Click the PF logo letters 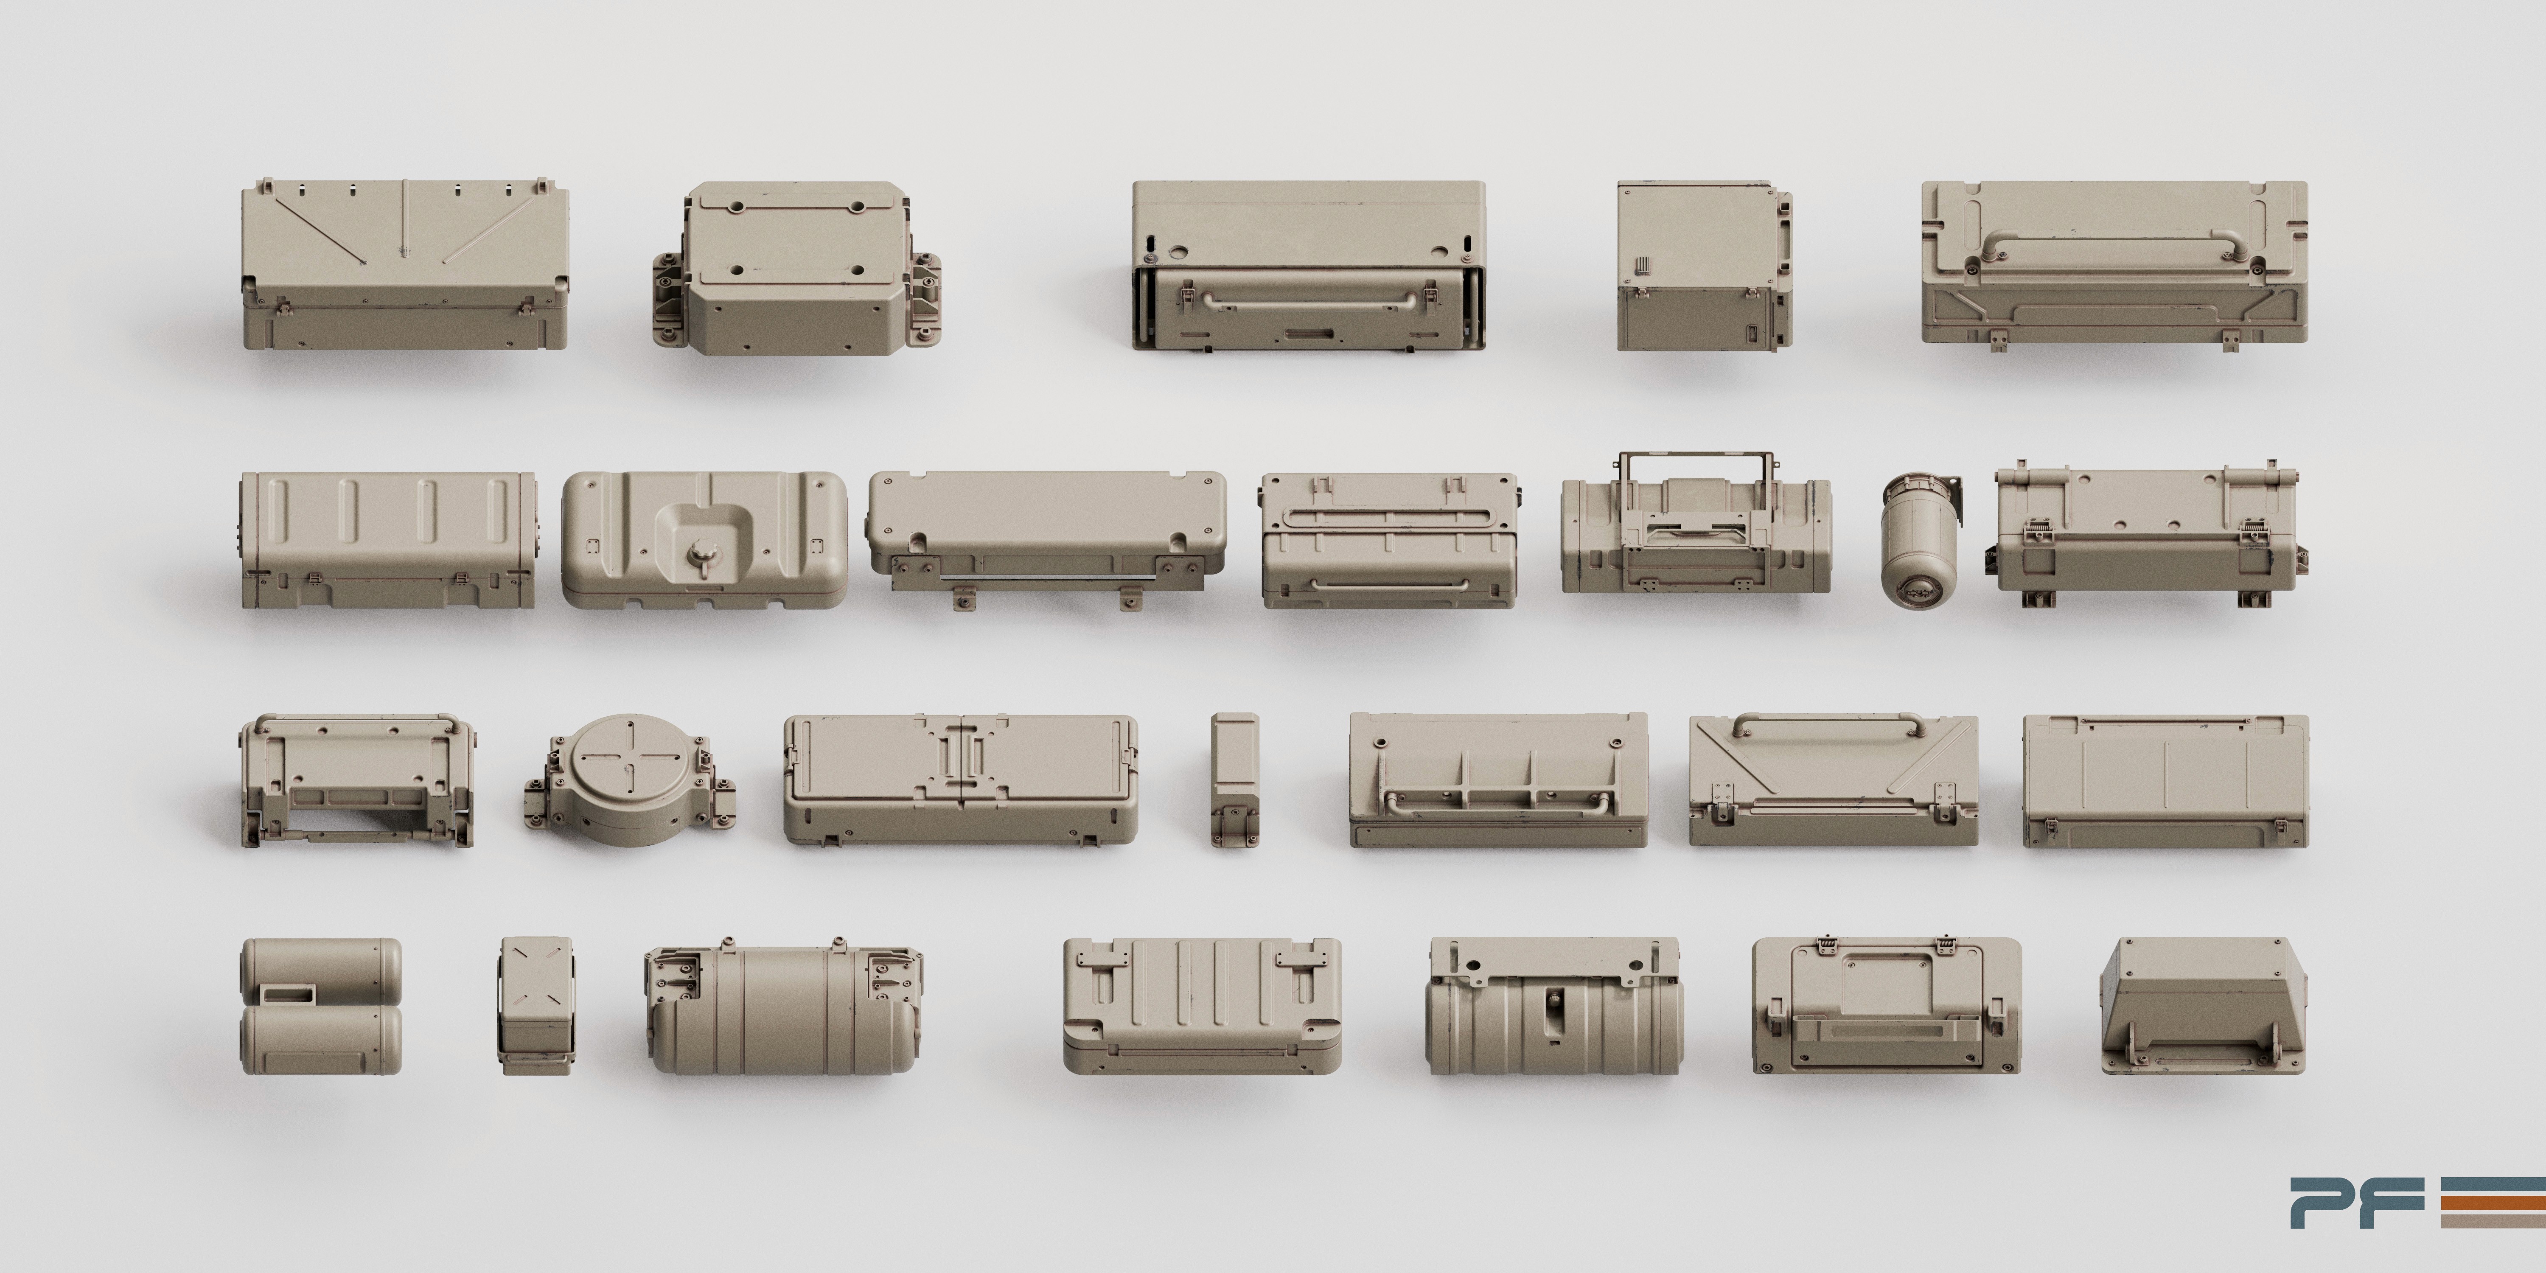(x=2357, y=1202)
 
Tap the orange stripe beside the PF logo (x=2493, y=1202)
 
